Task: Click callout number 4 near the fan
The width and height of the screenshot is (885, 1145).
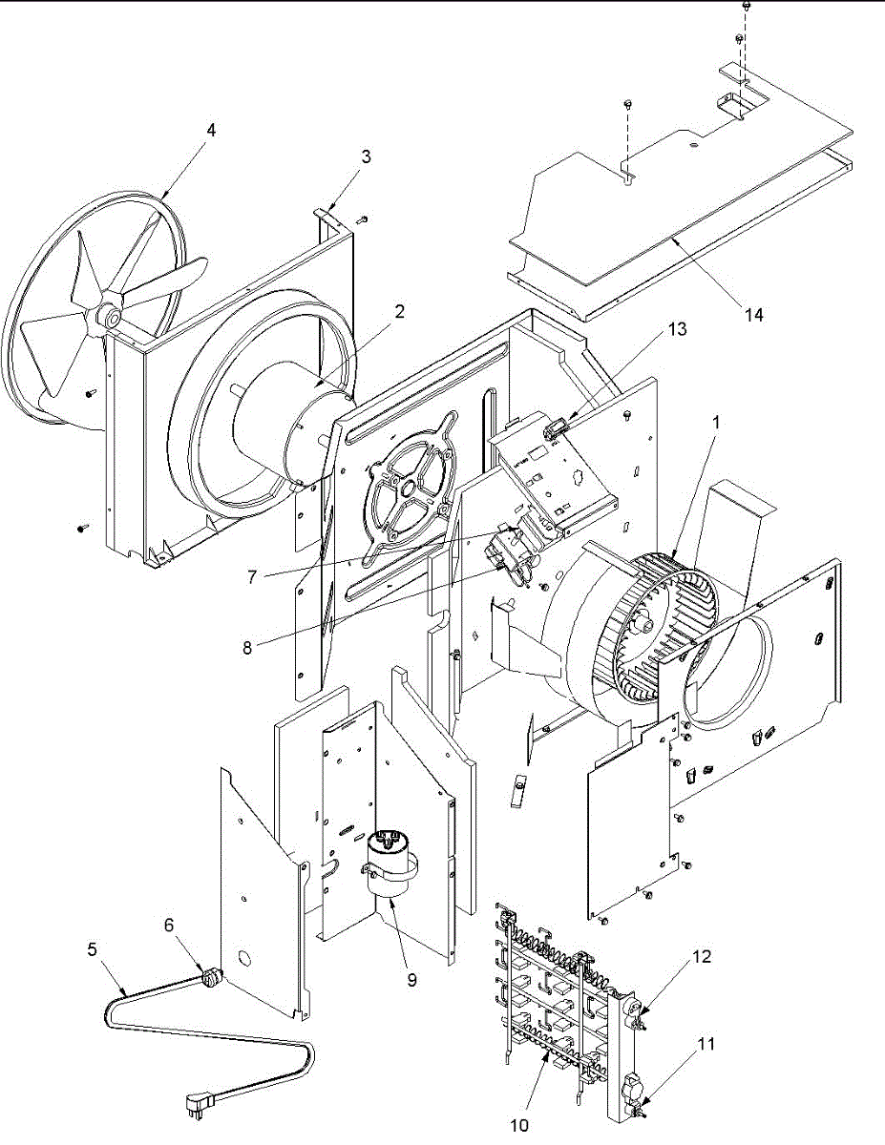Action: (211, 130)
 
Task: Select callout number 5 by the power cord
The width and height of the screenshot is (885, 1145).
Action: (93, 949)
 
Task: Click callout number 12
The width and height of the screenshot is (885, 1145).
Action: (702, 956)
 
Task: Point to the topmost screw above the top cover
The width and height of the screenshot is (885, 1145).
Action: (746, 7)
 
